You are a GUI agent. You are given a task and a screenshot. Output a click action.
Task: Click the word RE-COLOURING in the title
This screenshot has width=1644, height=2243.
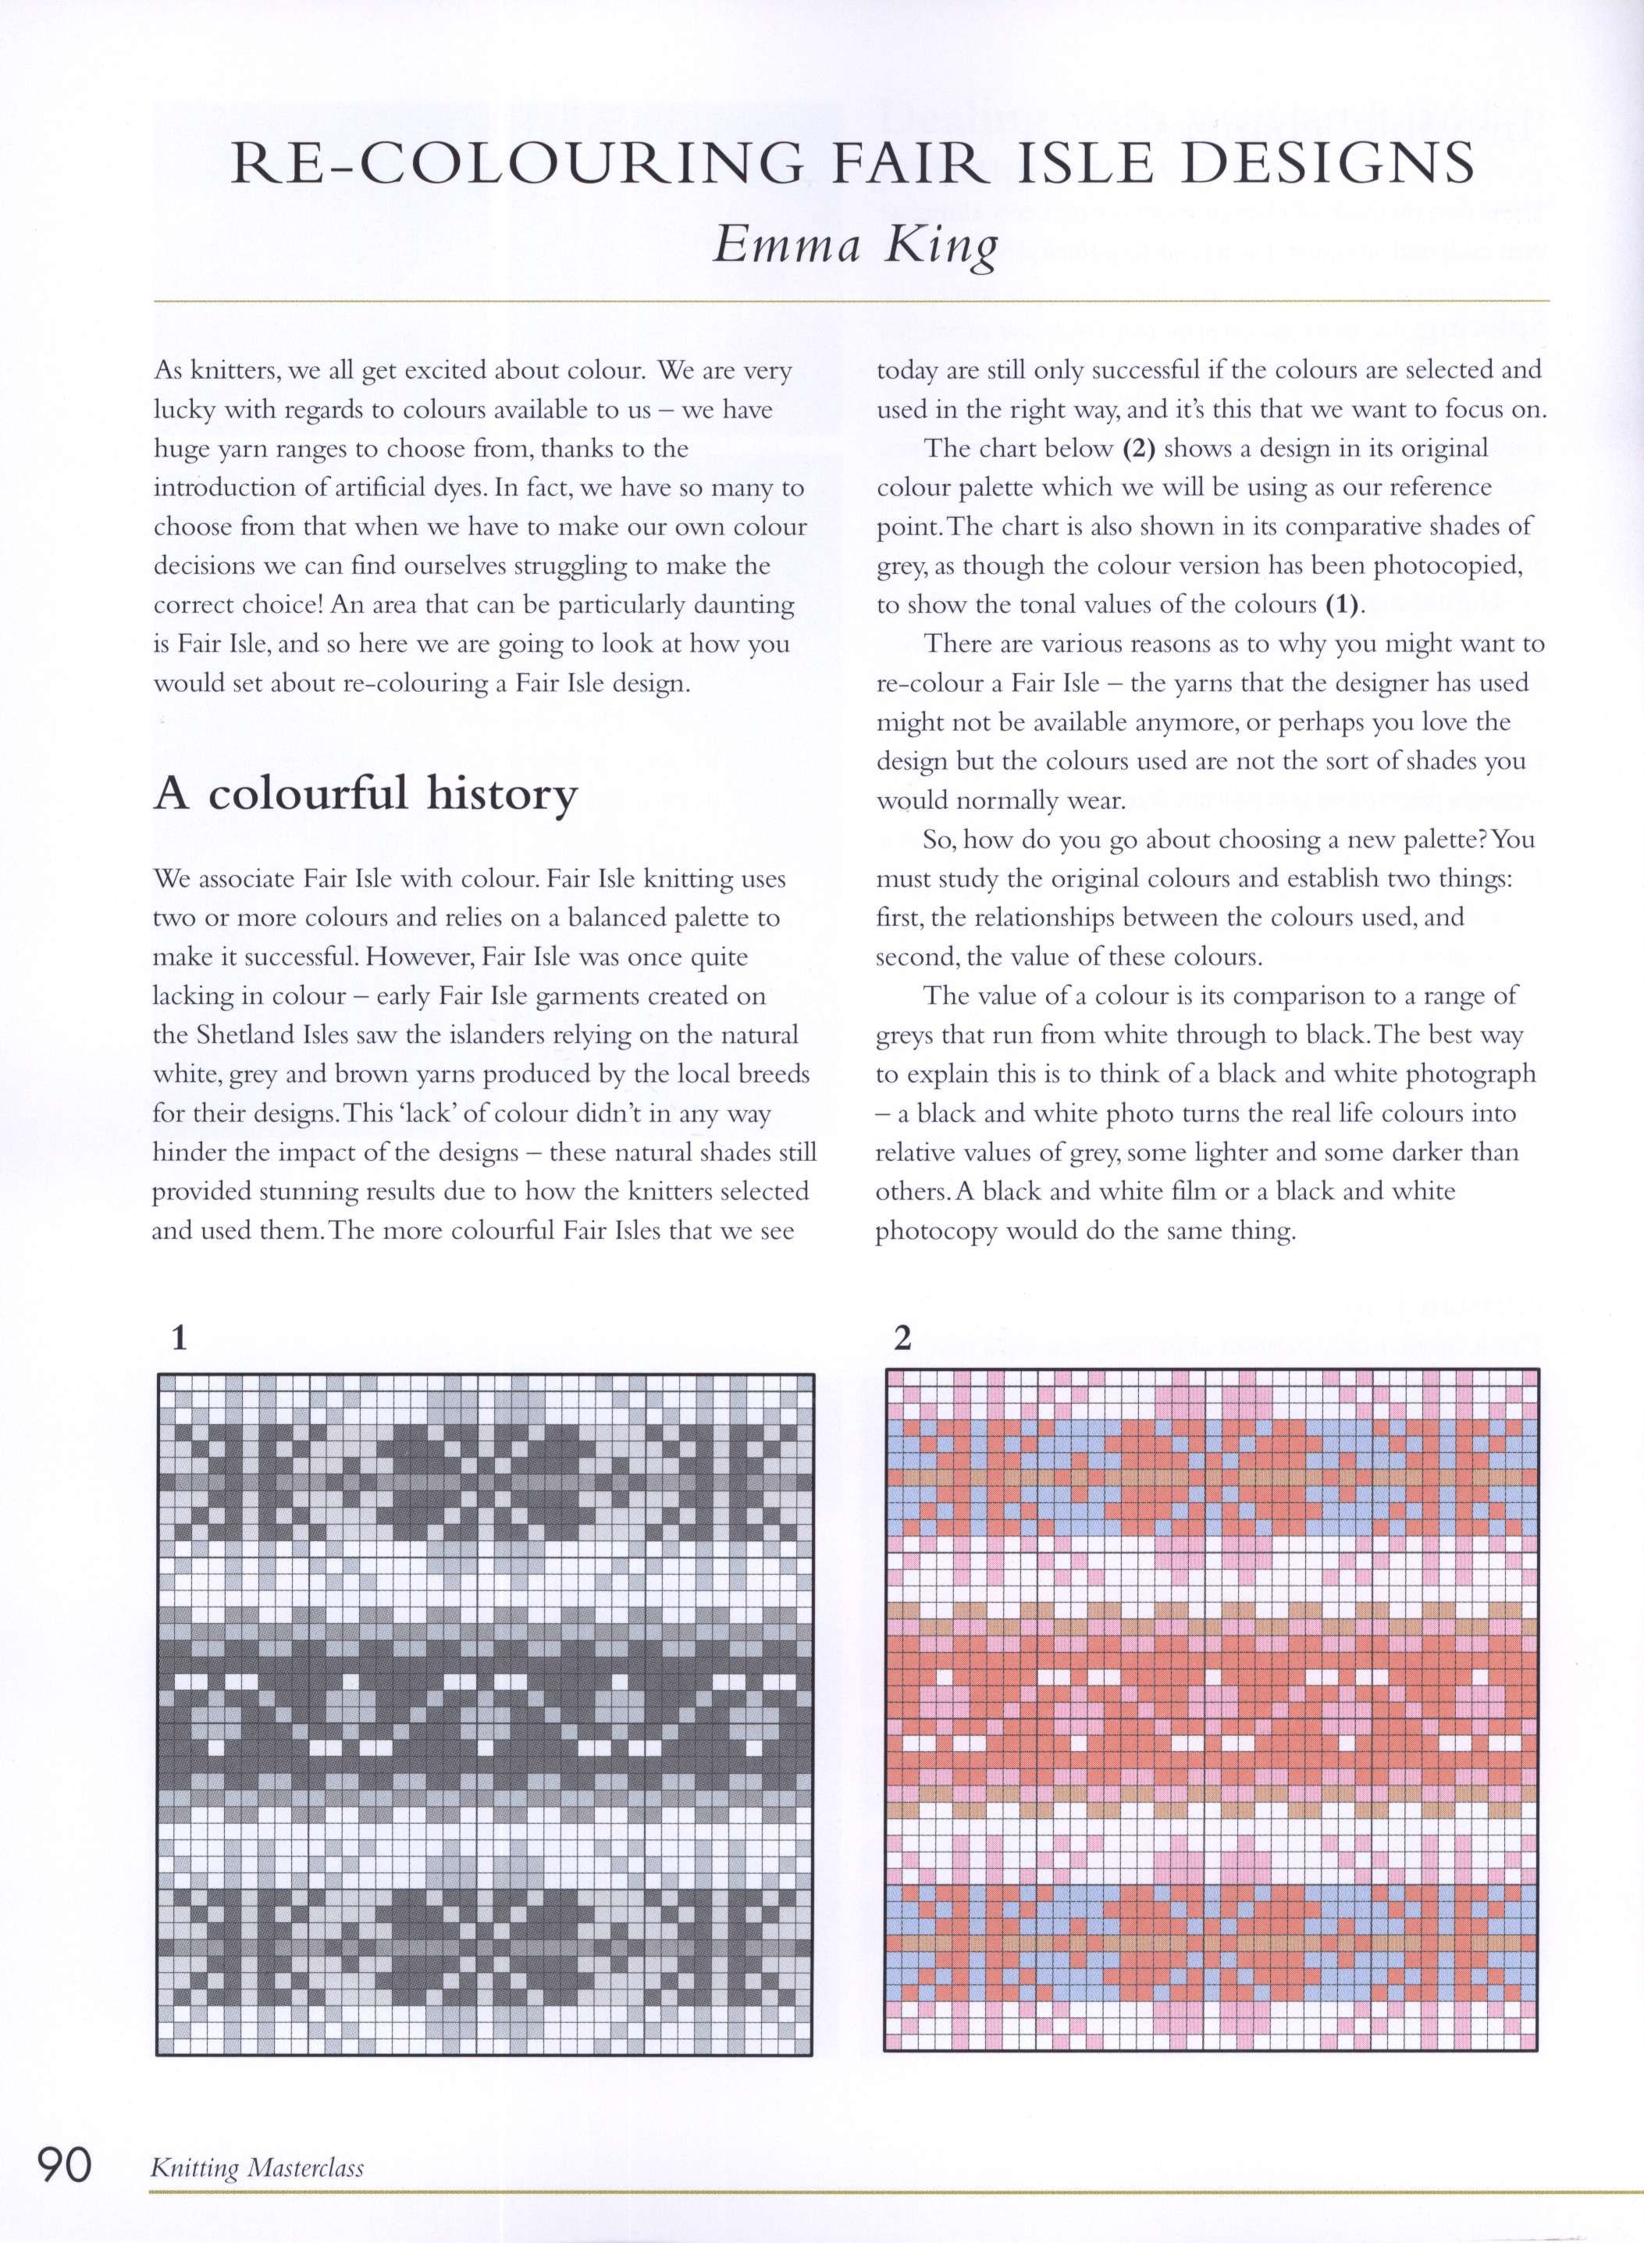tap(517, 164)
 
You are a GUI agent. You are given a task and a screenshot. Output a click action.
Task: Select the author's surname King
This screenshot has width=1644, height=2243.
tap(941, 246)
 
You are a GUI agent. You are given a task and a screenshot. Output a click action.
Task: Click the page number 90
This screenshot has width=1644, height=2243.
tap(65, 2164)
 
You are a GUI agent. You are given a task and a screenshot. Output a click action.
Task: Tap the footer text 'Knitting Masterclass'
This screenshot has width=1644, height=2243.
tap(257, 2167)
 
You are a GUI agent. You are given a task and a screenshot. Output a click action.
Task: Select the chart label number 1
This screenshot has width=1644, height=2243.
tap(179, 1338)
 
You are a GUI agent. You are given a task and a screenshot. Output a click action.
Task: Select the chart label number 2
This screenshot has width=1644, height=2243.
tap(902, 1338)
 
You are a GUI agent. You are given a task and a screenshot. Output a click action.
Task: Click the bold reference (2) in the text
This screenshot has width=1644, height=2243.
tap(1138, 449)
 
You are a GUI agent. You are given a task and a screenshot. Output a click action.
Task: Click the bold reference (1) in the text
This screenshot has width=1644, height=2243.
tap(1343, 605)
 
